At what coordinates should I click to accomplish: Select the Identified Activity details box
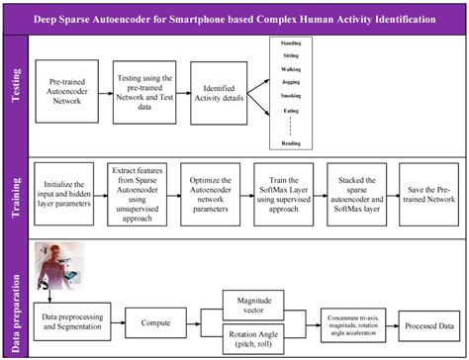[x=227, y=96]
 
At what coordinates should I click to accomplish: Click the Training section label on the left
[x=16, y=193]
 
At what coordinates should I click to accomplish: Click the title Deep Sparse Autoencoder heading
[x=234, y=18]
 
